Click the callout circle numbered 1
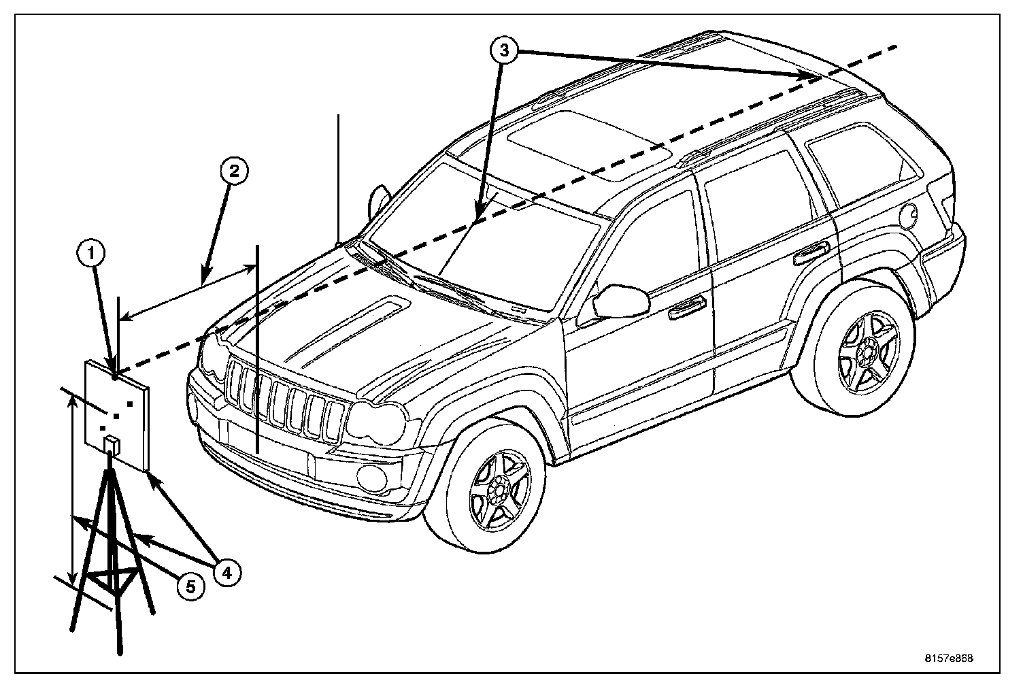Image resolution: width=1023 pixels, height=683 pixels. click(x=90, y=256)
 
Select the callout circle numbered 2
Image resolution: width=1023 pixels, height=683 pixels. click(x=233, y=172)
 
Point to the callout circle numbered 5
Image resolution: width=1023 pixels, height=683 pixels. click(x=191, y=586)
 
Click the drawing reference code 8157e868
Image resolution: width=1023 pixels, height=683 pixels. click(x=949, y=658)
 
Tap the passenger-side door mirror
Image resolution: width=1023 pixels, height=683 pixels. click(x=620, y=301)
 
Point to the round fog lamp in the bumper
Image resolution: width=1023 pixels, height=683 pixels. click(x=371, y=477)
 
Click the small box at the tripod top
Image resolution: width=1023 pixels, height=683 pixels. click(x=112, y=446)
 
